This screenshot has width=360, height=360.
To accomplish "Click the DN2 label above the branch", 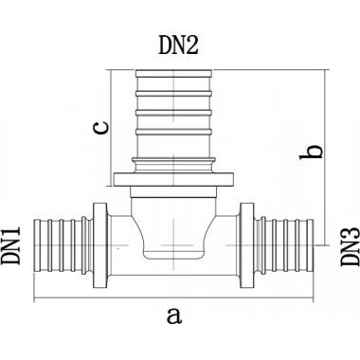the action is point(178,45).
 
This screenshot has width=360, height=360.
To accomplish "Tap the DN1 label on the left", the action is point(11,246).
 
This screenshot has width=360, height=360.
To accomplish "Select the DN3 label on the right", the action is point(351,246).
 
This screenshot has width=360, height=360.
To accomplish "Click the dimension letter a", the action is point(174,316).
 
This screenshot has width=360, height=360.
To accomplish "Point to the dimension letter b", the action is point(312,152).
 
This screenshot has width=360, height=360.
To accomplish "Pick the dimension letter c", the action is point(102,127).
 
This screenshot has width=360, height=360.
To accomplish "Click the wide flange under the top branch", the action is point(174,179).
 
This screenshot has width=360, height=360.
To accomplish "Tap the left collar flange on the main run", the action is point(100,245).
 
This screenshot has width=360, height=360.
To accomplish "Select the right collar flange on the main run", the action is point(247,245).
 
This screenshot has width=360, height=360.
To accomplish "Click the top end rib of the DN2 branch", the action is point(173,73).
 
